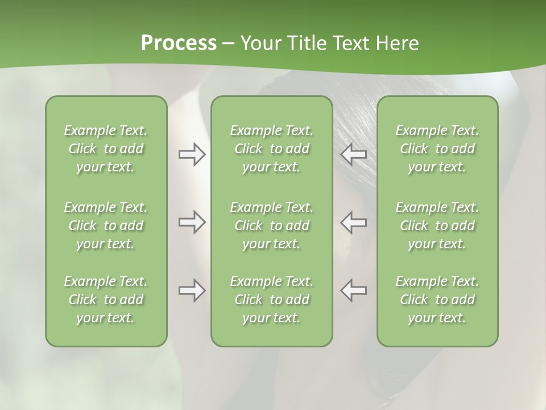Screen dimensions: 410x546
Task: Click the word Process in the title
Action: click(x=179, y=43)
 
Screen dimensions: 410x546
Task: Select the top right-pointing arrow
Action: click(x=192, y=154)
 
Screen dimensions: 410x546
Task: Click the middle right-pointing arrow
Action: click(x=192, y=222)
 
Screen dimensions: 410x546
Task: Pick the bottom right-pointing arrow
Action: click(x=192, y=290)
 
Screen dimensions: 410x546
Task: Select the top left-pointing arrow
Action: click(x=354, y=154)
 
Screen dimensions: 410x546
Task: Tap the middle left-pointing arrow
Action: click(x=354, y=222)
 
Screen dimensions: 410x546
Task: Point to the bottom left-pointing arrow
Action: click(x=354, y=290)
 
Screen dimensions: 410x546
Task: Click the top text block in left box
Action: click(x=106, y=149)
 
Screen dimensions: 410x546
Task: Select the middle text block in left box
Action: click(x=106, y=225)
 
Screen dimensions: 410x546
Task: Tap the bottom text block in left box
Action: click(x=106, y=300)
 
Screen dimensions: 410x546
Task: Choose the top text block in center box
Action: click(x=272, y=149)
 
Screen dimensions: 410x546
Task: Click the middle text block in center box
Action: click(x=272, y=225)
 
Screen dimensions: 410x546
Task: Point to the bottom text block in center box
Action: click(x=272, y=300)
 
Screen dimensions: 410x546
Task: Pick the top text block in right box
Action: click(x=437, y=149)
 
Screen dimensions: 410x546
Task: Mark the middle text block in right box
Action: click(x=437, y=225)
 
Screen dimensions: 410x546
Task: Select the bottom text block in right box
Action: click(x=437, y=300)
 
